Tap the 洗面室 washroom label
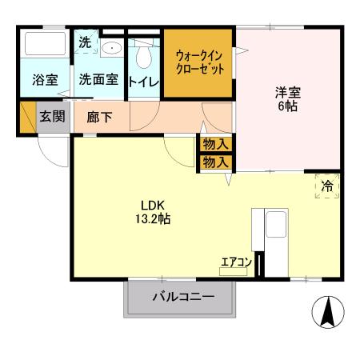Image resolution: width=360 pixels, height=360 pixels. pos(98,79)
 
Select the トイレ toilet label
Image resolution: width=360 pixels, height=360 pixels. pos(145,79)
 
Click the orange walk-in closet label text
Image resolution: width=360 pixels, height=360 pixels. pos(199,62)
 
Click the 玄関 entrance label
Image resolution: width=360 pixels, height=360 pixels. pos(53,115)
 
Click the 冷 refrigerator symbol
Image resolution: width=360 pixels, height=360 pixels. pos(326,186)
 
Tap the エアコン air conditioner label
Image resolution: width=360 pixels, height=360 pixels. pos(237,261)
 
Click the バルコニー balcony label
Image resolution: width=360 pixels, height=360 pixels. pos(183,298)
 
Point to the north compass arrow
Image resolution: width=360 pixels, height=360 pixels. pos(328,311)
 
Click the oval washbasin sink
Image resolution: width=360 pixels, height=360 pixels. pos(113,48)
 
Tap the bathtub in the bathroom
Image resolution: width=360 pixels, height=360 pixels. pos(44,45)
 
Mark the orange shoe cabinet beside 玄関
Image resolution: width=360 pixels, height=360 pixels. pos(27,117)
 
